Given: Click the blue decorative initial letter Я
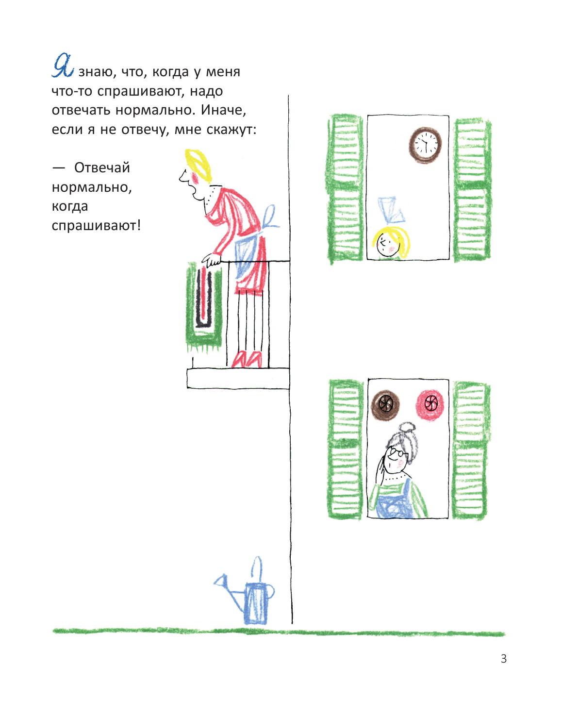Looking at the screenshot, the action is pos(63,66).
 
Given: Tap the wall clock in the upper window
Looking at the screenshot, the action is pos(425,144).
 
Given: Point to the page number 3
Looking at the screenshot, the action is pos(503,659).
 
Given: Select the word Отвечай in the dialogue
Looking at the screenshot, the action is pos(102,168).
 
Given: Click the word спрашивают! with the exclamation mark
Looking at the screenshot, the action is pos(96,226).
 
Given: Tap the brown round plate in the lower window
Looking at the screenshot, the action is pos(385,403).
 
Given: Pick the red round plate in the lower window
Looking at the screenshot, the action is pos(430,403).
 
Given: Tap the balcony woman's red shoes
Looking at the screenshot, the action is pos(247,359).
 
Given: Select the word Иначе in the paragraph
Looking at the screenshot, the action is pos(223,110).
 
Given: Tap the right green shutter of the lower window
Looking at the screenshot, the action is pos(469,450).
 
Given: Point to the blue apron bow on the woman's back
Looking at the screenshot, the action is pos(269,217).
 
